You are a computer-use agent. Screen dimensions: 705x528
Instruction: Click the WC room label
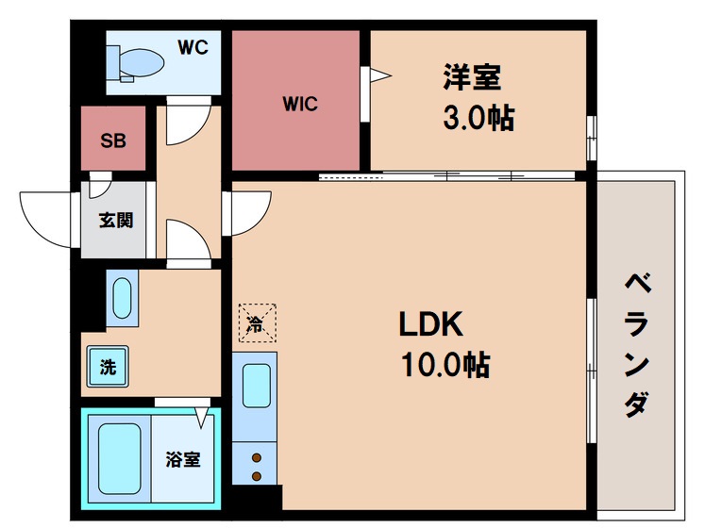[193, 47]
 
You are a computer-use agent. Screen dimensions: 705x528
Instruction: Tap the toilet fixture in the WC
[136, 64]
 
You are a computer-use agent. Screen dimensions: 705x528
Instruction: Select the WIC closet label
[300, 104]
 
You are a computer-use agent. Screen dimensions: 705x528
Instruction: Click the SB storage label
[113, 140]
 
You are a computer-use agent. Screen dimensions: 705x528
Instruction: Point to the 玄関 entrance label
[116, 221]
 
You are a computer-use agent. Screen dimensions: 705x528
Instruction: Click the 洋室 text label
[472, 77]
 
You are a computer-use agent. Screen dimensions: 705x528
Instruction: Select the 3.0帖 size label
[478, 119]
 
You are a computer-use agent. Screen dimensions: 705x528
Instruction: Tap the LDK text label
[430, 324]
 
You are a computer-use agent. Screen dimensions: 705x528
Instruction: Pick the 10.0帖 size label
[445, 365]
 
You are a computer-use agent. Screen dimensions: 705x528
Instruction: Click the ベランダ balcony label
[637, 345]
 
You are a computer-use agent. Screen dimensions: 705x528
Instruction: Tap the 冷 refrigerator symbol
[257, 323]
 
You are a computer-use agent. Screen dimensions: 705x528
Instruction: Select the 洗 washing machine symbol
[108, 367]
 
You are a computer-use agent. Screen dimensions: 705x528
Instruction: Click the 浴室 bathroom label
[182, 459]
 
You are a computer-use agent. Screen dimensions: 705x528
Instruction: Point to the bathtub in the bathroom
[120, 459]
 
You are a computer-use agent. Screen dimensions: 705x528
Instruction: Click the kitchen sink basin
[257, 386]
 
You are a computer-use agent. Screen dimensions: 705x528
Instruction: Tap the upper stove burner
[257, 458]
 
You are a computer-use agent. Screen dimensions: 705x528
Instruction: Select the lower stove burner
[257, 476]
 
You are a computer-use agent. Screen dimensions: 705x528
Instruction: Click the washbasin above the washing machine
[122, 298]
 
